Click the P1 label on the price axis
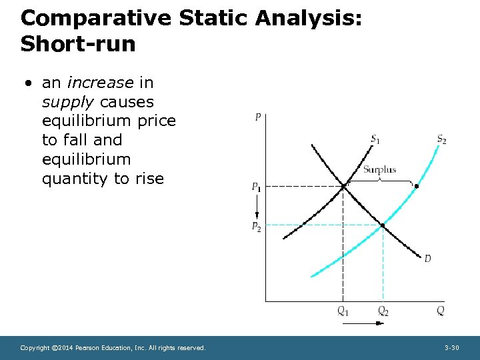coord(256,187)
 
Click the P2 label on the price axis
coord(256,227)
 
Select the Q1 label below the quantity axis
coord(343,311)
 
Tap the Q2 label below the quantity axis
coord(383,311)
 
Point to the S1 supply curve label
coord(376,139)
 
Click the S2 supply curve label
coord(441,139)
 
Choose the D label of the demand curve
coord(427,258)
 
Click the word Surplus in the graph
coord(379,169)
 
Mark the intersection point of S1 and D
coord(343,187)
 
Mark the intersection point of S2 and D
coord(383,225)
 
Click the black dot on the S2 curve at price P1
coord(417,186)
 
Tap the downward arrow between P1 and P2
coord(256,207)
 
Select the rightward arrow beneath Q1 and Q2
coord(363,323)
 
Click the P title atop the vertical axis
coord(258,118)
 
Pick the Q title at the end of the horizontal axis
coord(440,311)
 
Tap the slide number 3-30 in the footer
coord(451,348)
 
